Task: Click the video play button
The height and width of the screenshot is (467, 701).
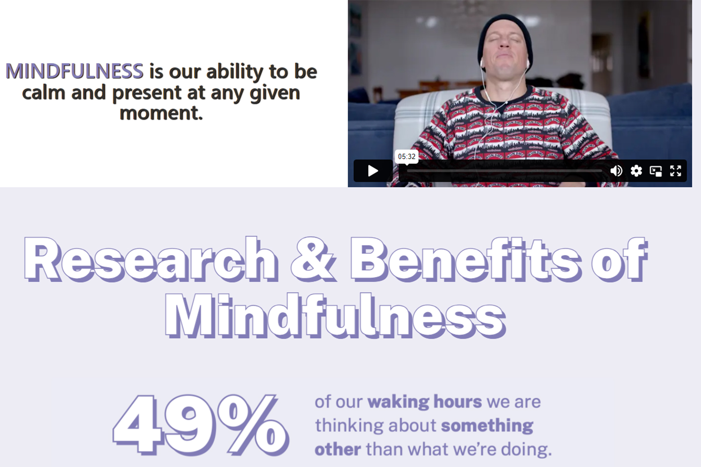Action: tap(373, 171)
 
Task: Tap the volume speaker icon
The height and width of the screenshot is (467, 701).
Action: tap(616, 171)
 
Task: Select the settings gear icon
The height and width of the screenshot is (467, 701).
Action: tap(636, 171)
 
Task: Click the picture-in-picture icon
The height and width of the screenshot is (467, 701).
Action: tap(656, 171)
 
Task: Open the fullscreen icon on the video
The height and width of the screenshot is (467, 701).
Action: tap(675, 171)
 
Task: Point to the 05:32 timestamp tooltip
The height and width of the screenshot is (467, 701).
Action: tap(407, 156)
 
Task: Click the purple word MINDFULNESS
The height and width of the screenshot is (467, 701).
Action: tap(74, 71)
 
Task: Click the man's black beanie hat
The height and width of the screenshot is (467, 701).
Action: tap(504, 35)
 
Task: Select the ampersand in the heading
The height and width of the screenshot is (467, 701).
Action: tap(313, 259)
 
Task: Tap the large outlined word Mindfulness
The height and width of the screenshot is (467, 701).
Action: tap(335, 316)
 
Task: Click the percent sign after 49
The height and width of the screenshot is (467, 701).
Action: tap(253, 425)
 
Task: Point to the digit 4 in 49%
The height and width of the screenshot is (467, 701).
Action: tap(138, 425)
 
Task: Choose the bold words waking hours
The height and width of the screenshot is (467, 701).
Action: tap(425, 402)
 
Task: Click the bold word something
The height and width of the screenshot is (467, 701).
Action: tap(487, 426)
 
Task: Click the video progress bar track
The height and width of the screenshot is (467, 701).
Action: tap(504, 171)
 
